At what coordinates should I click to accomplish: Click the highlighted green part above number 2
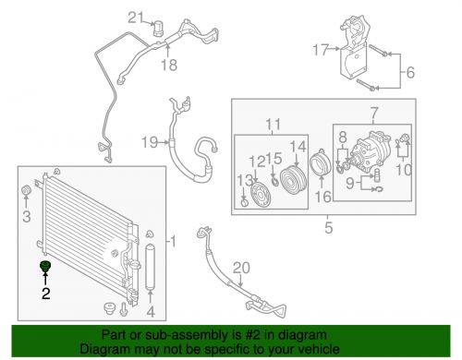click(45, 266)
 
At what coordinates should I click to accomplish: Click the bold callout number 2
click(46, 294)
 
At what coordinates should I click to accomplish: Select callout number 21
click(136, 18)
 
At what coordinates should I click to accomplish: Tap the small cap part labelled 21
click(158, 29)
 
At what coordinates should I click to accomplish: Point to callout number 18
click(169, 66)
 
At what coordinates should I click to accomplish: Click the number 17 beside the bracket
click(321, 50)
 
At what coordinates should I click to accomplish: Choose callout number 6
click(410, 73)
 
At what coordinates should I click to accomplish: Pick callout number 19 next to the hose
click(150, 142)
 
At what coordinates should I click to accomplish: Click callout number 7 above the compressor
click(374, 114)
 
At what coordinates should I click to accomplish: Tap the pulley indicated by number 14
click(293, 180)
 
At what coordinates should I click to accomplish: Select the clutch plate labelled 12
click(261, 195)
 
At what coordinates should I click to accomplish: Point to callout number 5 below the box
click(329, 228)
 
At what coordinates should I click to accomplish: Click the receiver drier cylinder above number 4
click(150, 267)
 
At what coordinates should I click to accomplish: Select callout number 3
click(27, 217)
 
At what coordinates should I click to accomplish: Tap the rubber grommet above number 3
click(26, 190)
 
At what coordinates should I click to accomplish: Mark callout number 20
click(241, 268)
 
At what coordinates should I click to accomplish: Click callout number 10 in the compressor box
click(404, 170)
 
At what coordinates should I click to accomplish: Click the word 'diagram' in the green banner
click(302, 335)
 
